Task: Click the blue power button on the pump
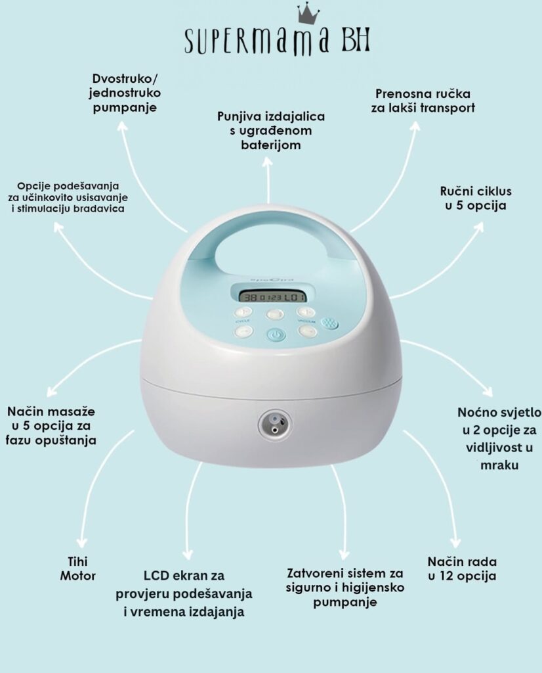(276, 335)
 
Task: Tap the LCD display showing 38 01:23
(273, 298)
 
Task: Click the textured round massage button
(329, 323)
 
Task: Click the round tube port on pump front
(273, 424)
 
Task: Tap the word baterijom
(271, 145)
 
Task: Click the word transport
(449, 108)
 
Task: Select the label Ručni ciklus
(476, 191)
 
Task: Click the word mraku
(499, 465)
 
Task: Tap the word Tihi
(77, 561)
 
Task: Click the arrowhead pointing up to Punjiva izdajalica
(267, 163)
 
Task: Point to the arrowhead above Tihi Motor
(81, 542)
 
